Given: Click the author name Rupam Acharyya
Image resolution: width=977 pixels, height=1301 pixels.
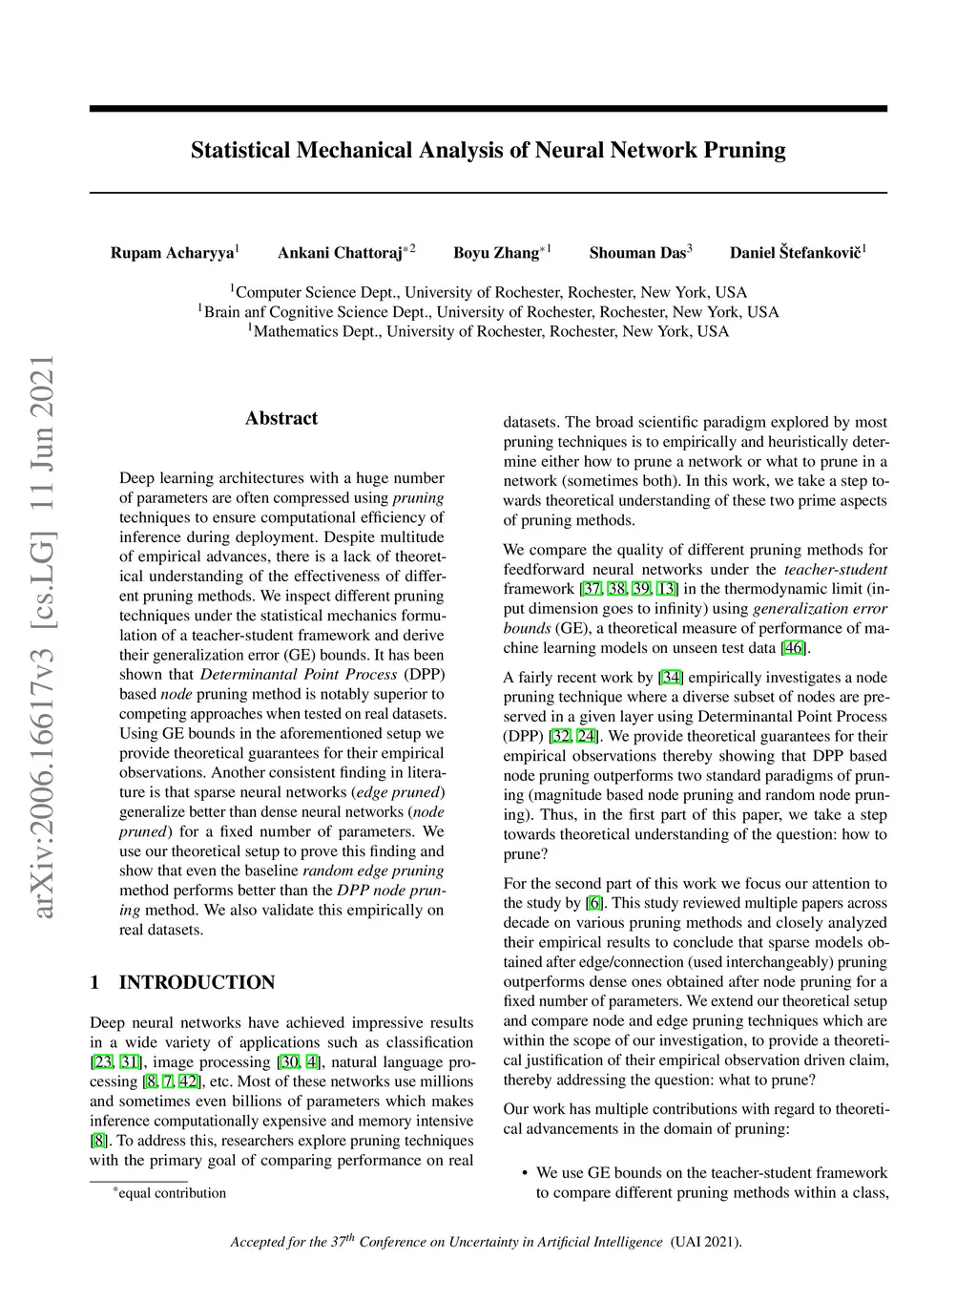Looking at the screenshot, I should (172, 253).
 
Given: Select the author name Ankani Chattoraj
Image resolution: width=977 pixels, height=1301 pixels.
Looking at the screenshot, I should (340, 253).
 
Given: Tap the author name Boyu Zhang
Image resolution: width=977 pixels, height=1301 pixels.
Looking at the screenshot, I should (496, 253).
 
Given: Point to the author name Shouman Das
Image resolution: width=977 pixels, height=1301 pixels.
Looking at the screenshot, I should (637, 253).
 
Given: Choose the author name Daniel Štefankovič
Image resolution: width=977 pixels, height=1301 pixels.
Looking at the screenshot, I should (795, 253).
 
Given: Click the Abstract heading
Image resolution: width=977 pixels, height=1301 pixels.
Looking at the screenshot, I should (281, 418).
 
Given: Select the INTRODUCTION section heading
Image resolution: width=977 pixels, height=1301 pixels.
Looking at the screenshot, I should (197, 982).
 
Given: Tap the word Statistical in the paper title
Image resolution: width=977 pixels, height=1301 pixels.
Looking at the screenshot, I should (239, 151).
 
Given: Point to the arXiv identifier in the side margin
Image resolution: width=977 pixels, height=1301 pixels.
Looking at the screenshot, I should (43, 638).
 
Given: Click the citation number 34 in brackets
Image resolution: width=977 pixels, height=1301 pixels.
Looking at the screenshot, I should (672, 678).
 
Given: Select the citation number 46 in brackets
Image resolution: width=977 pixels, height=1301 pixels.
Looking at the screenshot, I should (793, 648).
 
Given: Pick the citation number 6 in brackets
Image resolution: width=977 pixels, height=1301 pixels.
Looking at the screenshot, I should (594, 903).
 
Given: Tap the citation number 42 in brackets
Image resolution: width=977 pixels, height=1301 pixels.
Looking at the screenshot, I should (188, 1081).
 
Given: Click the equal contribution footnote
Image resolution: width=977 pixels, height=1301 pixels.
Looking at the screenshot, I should (171, 1193).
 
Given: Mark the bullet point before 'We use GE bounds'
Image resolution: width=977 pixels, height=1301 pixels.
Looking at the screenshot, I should (525, 1173).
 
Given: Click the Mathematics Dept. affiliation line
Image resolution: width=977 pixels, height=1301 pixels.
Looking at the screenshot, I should (488, 331).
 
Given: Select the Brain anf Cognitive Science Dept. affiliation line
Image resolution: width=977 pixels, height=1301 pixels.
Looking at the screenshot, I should (488, 312).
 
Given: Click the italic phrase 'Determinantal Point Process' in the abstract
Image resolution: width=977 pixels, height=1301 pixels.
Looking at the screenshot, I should (299, 675).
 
